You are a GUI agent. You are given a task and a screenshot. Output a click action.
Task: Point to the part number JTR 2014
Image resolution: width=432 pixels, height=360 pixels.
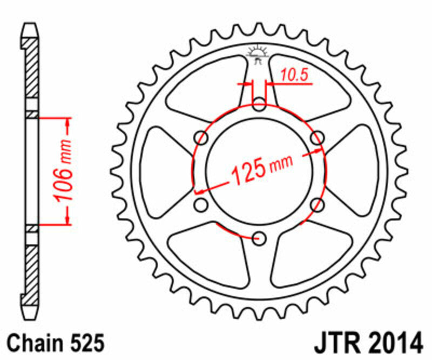click(x=368, y=342)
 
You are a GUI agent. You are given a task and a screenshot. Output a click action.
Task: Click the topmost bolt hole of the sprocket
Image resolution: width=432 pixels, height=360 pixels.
click(x=260, y=103)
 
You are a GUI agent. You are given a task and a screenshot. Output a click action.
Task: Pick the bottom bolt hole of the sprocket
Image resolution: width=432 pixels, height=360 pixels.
click(x=260, y=237)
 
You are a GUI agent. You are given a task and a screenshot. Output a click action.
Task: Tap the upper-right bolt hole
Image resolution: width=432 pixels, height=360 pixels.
click(x=318, y=137)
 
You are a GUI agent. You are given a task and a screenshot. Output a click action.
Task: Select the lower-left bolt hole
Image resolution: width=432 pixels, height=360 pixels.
click(x=201, y=204)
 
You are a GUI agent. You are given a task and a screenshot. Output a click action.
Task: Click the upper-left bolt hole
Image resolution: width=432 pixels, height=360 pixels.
click(x=201, y=137)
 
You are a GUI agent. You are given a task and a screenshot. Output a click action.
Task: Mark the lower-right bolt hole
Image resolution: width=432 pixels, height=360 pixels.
click(x=318, y=204)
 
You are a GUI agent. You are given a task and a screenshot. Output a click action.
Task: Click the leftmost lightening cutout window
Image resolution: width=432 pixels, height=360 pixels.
click(x=162, y=170)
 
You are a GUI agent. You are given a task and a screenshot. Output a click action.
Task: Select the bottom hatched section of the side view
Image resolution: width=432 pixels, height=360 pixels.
click(x=32, y=270)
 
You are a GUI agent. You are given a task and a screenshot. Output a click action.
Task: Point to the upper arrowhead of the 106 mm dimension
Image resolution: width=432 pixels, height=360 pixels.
click(x=67, y=121)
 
